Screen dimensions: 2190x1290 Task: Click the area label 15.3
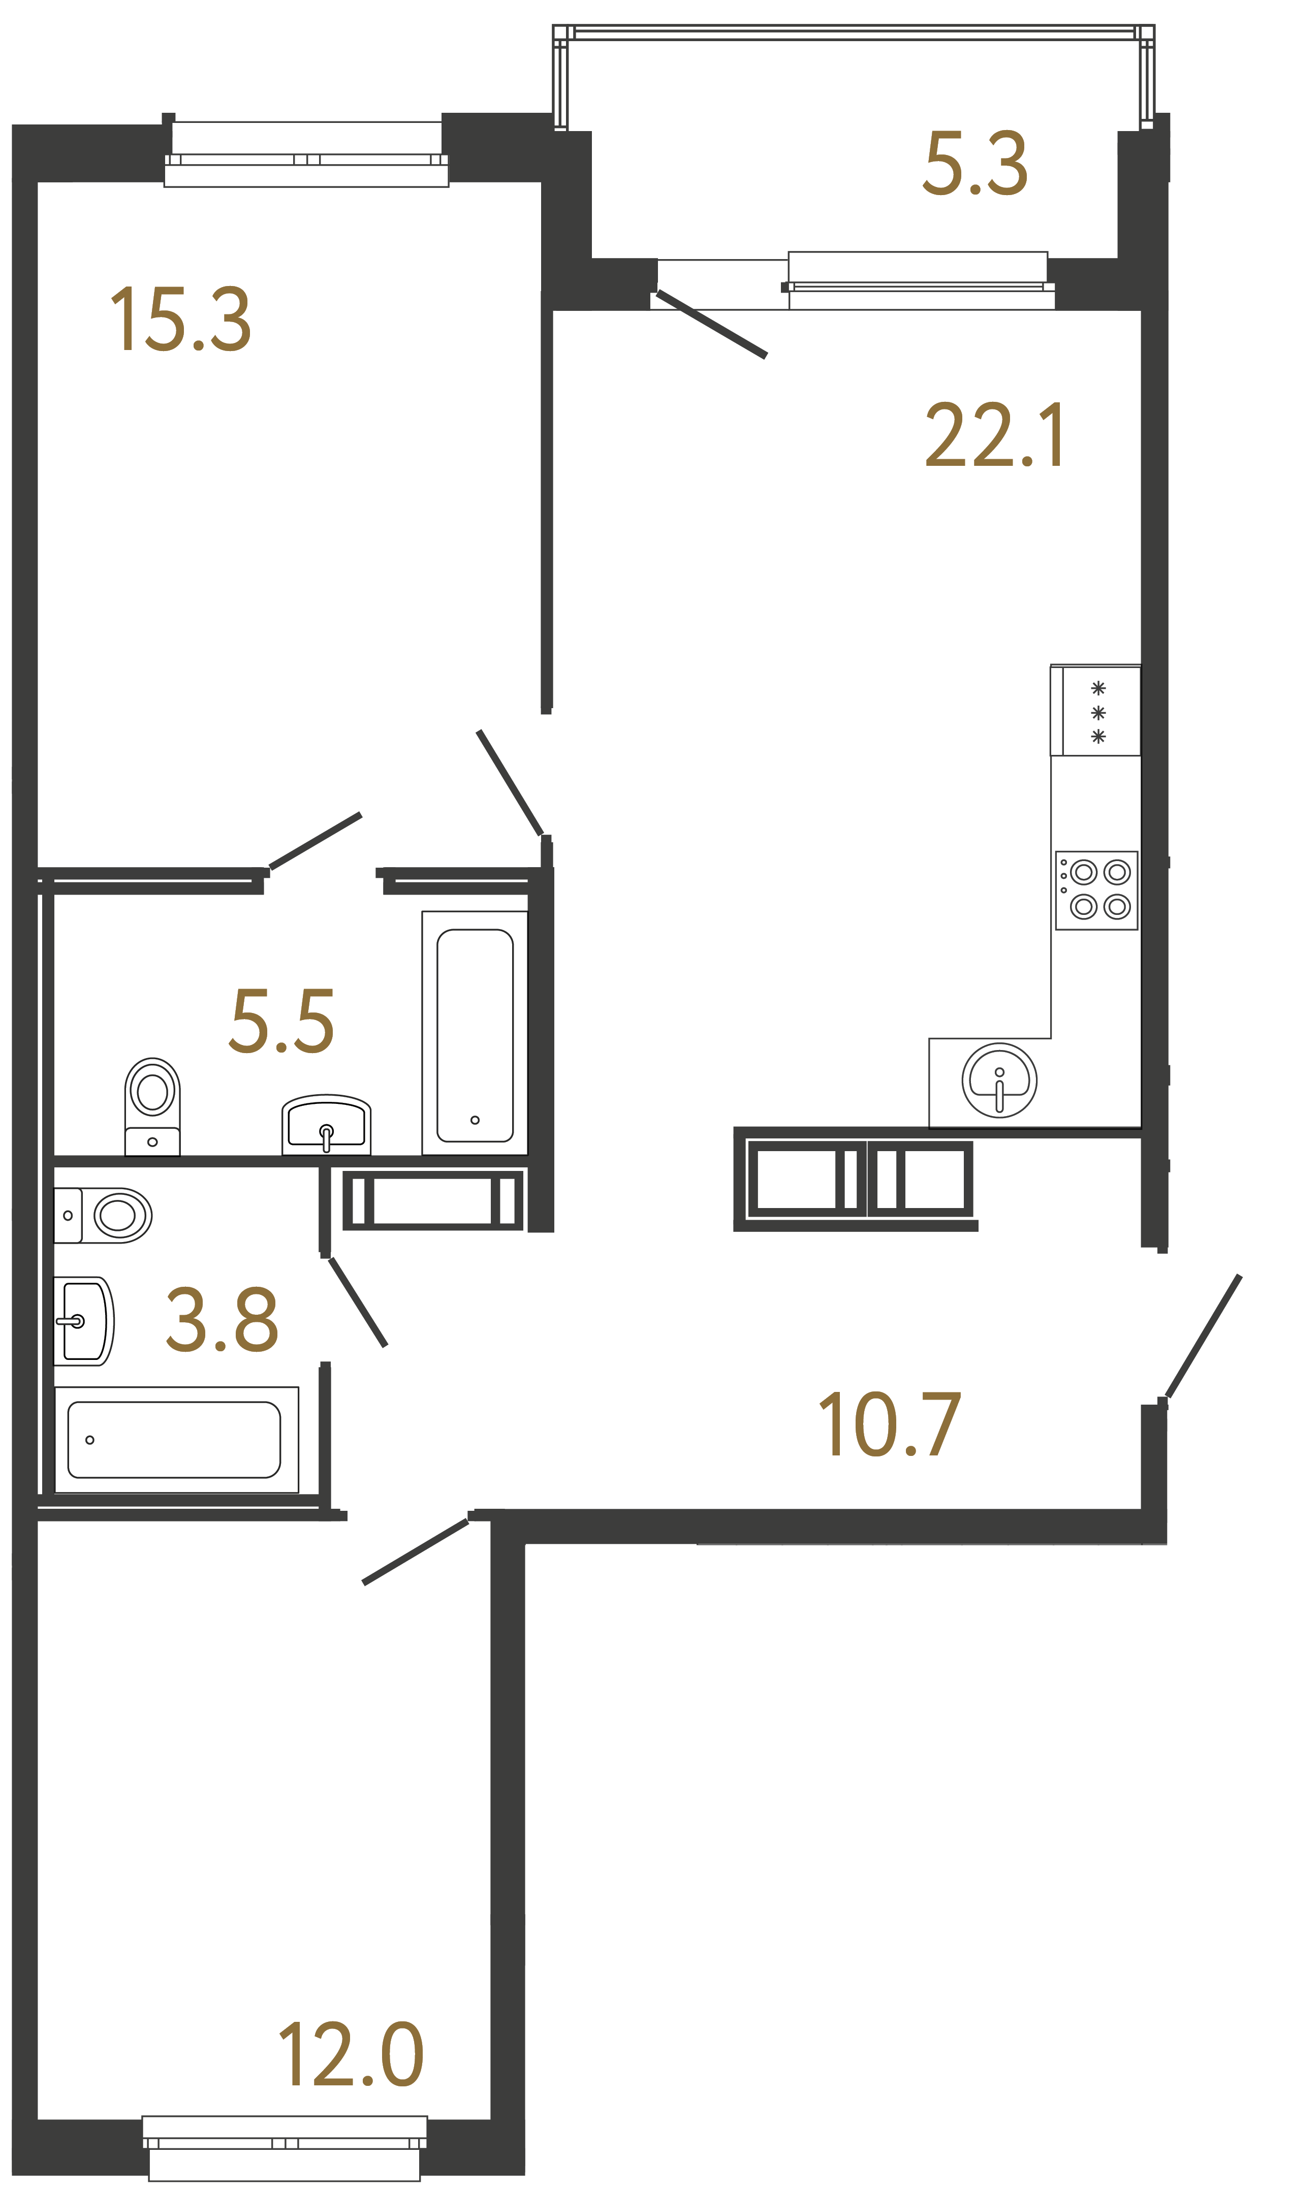pos(181,320)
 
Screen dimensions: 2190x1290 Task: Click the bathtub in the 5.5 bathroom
pos(475,1034)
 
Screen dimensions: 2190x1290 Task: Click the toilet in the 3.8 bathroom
pos(104,1215)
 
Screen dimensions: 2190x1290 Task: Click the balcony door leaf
pos(711,324)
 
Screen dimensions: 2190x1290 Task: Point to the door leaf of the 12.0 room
pos(416,1552)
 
